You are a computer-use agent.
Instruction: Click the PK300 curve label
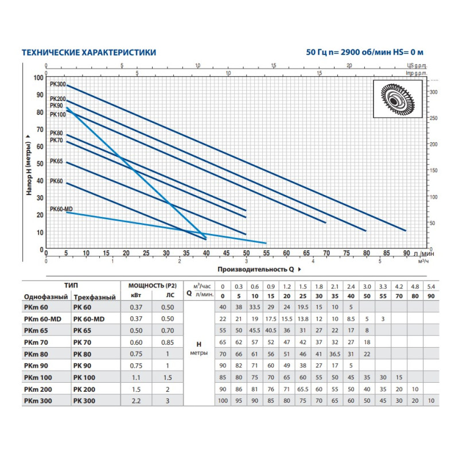click(x=58, y=84)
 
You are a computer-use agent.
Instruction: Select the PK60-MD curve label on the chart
click(x=61, y=209)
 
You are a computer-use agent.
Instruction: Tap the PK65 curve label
click(x=56, y=161)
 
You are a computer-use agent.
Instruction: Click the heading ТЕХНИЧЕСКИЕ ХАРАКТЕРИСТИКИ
click(x=88, y=52)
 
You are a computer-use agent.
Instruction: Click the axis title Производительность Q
click(x=256, y=268)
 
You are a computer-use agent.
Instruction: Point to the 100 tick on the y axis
click(x=38, y=77)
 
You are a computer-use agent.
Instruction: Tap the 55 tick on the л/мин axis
click(x=266, y=254)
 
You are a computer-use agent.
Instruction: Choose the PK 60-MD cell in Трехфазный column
click(x=90, y=318)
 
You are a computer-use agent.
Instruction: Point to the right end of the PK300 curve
click(x=406, y=231)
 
